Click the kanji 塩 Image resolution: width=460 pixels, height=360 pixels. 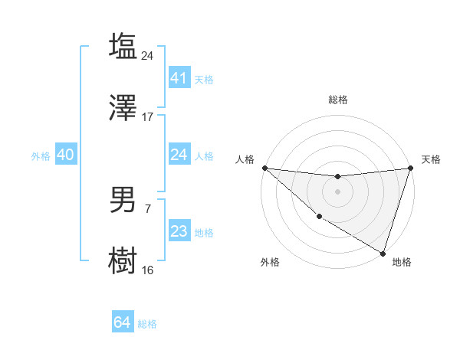coord(123,46)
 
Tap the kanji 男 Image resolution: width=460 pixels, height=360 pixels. coord(123,199)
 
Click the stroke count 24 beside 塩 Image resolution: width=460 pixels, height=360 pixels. coord(148,55)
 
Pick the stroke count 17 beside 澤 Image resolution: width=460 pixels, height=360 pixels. coord(148,117)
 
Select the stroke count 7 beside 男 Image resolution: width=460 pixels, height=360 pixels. coord(148,208)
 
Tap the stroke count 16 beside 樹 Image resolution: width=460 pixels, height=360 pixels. coord(148,270)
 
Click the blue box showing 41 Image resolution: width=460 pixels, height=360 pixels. coord(179,77)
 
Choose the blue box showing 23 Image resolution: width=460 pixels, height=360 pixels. coord(179,231)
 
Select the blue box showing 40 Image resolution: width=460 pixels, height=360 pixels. coord(65,155)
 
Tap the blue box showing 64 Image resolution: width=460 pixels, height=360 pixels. coord(122,322)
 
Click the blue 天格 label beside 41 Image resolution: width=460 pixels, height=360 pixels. coord(204,79)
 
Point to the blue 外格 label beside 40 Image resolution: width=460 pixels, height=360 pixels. coord(41,155)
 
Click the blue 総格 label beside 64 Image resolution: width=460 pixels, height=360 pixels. coord(147,324)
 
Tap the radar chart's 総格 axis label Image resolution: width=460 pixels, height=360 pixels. coord(338,100)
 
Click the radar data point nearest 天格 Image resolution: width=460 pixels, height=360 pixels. coord(411,168)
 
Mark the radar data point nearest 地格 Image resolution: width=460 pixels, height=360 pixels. coord(383,253)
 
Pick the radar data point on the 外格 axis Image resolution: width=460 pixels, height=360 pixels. coord(319,217)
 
